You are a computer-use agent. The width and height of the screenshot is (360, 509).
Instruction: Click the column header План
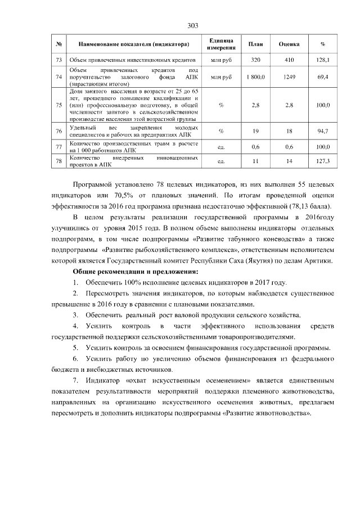(x=255, y=44)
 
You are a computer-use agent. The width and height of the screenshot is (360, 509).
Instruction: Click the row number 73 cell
(x=59, y=59)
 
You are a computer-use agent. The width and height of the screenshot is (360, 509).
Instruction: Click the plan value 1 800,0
(x=255, y=76)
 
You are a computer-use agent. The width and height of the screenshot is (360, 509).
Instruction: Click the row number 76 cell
(x=59, y=131)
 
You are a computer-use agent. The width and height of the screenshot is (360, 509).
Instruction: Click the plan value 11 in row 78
(x=255, y=161)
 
